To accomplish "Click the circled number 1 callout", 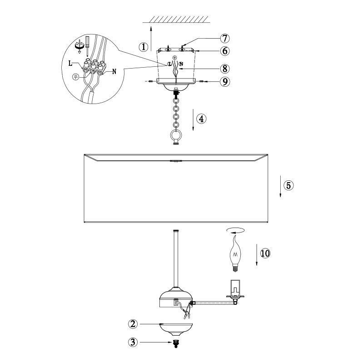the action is (x=144, y=47).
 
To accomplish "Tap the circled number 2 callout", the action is (x=133, y=324).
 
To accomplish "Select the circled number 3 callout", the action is (x=133, y=342).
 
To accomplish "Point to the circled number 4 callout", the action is (x=201, y=119).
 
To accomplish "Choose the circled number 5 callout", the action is (x=288, y=185).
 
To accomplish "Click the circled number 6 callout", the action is (x=225, y=51).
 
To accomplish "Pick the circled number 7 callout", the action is (x=225, y=38).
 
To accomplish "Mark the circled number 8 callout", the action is (x=225, y=69).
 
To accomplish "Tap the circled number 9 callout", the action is (x=225, y=82).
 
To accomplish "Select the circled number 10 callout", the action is (x=265, y=253).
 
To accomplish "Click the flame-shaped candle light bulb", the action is (x=235, y=253).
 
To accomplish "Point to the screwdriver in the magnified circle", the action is (x=87, y=46).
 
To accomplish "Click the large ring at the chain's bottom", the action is (x=176, y=135).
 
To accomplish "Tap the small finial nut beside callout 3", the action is (x=176, y=343).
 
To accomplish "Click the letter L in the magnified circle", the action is (x=70, y=63).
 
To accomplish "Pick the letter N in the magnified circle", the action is (x=114, y=72).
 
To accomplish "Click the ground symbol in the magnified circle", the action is (x=75, y=77).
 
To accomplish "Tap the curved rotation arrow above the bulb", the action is (x=235, y=231).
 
